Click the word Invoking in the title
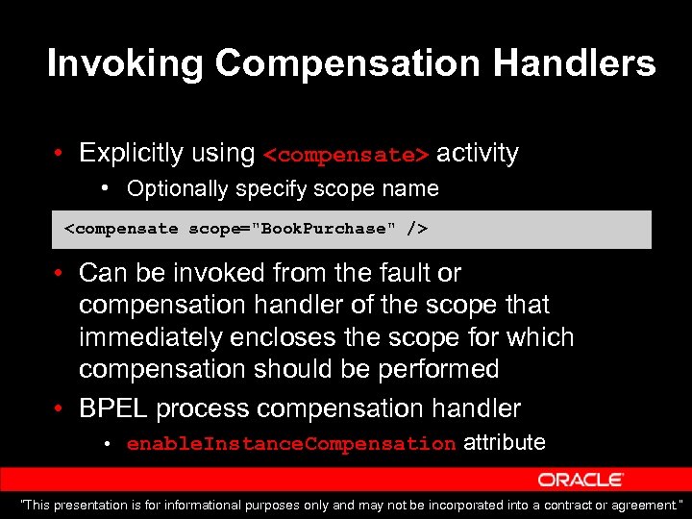[x=125, y=63]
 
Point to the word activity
[x=477, y=153]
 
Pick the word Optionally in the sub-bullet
[x=177, y=188]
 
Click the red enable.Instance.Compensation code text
[x=290, y=444]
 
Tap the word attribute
[x=505, y=442]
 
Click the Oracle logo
[x=581, y=479]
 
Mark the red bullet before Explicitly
[x=60, y=154]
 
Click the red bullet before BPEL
[x=60, y=409]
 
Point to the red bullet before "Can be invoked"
[x=60, y=274]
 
